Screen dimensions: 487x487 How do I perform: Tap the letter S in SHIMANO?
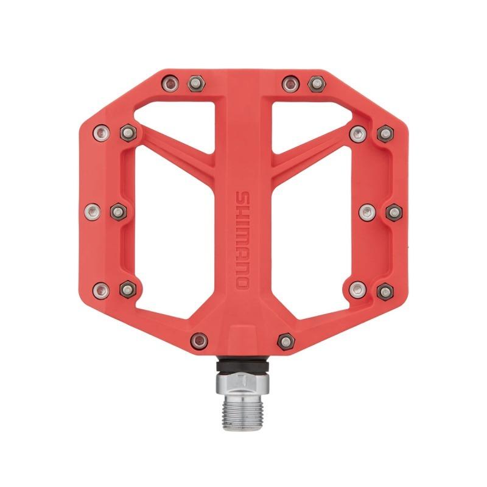click(242, 199)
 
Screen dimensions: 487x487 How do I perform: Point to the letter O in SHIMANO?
click(242, 281)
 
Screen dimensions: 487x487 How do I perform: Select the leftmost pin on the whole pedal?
click(92, 211)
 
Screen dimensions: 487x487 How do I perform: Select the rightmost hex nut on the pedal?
click(394, 211)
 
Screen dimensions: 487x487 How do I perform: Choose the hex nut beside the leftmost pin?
click(117, 211)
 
